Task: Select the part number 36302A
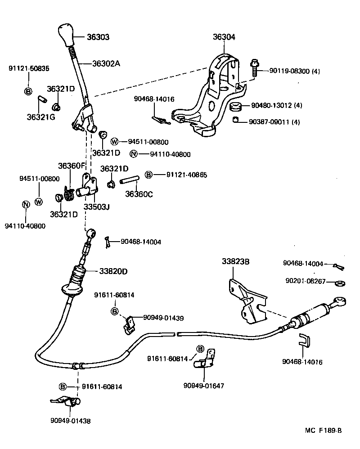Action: coord(106,63)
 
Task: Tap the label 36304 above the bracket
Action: coord(224,37)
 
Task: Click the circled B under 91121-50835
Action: coord(28,91)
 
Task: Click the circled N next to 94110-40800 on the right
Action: coord(133,154)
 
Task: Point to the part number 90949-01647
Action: coord(203,386)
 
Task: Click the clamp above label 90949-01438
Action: coord(62,399)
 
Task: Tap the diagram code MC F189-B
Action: coord(323,430)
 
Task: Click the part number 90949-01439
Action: coord(163,317)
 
